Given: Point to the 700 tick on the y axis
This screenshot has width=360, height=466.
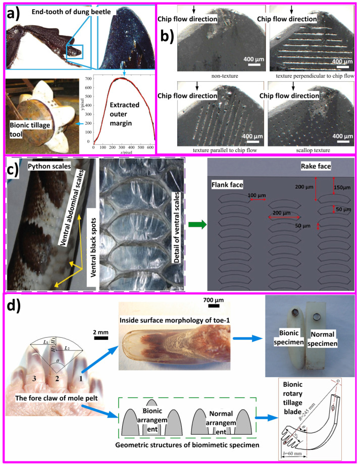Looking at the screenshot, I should click(88, 79).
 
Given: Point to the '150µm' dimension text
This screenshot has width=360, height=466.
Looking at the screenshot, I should click(339, 187).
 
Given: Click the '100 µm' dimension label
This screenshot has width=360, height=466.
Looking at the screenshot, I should click(241, 194).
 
